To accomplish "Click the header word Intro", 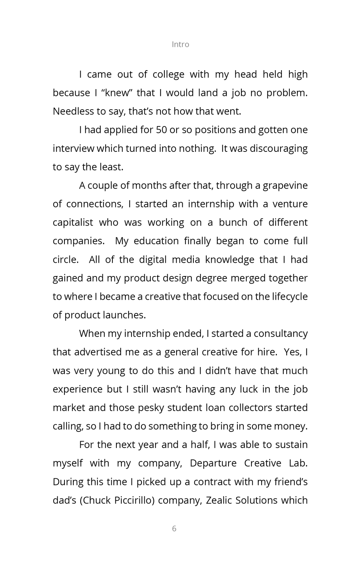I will point(180,44).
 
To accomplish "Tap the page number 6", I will point(174,529).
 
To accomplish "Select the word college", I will point(168,74).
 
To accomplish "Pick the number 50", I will point(161,130).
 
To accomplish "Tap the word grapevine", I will point(285,185).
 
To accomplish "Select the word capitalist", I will point(73,222).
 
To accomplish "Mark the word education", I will point(156,241).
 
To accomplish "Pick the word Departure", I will point(213,463).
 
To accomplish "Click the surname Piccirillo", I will point(134,500).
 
